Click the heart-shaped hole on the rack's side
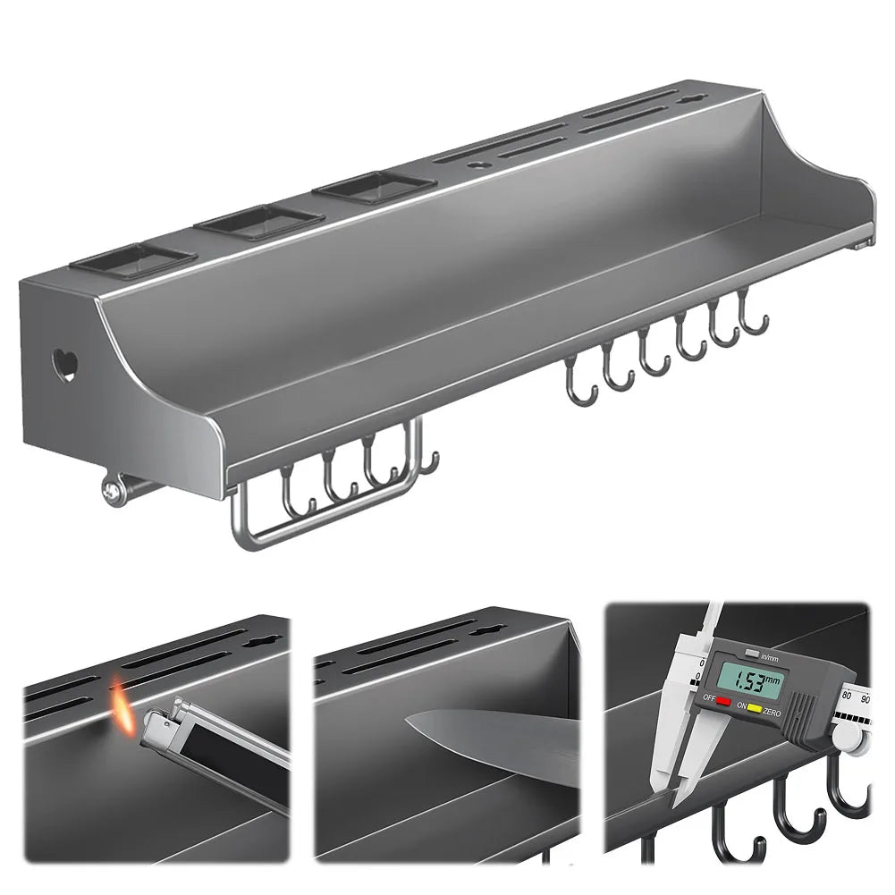[x=65, y=365]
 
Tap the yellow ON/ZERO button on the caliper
[x=755, y=711]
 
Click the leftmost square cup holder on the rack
[x=133, y=259]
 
